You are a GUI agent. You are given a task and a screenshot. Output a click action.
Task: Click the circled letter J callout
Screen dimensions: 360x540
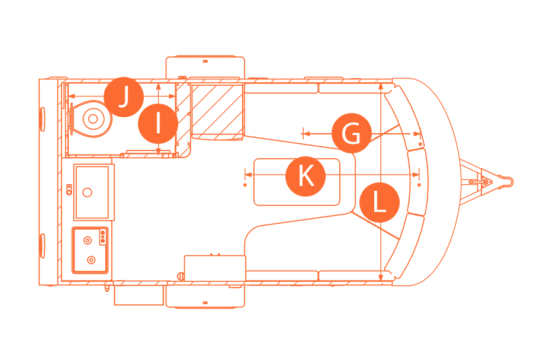123,97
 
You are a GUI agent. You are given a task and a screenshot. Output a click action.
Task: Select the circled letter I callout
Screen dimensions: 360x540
157,124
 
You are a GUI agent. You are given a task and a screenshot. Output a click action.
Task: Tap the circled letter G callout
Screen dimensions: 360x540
352,134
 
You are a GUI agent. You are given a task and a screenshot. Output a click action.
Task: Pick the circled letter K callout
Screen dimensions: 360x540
306,176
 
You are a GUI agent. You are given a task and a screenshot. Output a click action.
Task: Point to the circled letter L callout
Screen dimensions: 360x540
379,202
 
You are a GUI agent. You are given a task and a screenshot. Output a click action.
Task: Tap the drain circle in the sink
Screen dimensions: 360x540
88,192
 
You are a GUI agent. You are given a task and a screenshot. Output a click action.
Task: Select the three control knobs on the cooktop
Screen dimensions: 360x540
103,237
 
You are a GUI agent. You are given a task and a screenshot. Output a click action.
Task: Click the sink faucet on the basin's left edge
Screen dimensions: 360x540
69,189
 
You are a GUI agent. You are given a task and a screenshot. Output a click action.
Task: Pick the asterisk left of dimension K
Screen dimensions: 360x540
245,185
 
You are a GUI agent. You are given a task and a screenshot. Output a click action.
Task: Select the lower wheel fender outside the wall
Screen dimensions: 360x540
205,296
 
